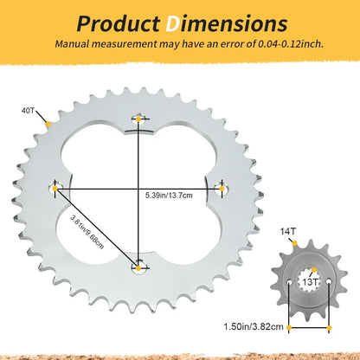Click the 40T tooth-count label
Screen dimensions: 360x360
tap(28, 111)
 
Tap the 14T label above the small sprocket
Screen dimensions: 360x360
tap(288, 231)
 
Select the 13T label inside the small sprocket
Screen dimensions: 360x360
tap(310, 282)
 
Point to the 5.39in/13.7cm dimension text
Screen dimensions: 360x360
tap(169, 196)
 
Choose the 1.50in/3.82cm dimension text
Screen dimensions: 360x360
tap(254, 327)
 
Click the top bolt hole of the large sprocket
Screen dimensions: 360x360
tap(138, 119)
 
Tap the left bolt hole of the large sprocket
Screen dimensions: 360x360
tap(55, 189)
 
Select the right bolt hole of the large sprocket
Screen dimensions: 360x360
tap(222, 189)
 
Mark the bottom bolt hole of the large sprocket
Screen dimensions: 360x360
tap(138, 268)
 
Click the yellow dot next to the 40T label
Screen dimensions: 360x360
tap(48, 124)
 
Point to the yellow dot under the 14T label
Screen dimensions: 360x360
tap(294, 243)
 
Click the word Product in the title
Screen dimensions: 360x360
tap(119, 23)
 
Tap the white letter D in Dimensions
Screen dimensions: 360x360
tap(172, 23)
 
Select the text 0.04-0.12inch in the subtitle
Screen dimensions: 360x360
tap(290, 44)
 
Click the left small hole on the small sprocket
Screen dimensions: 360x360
tap(289, 281)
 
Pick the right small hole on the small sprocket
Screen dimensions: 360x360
tap(329, 281)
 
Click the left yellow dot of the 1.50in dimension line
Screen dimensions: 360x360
tap(289, 327)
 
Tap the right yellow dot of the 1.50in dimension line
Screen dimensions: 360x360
tap(329, 328)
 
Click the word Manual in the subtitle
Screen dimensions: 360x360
tap(72, 44)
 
